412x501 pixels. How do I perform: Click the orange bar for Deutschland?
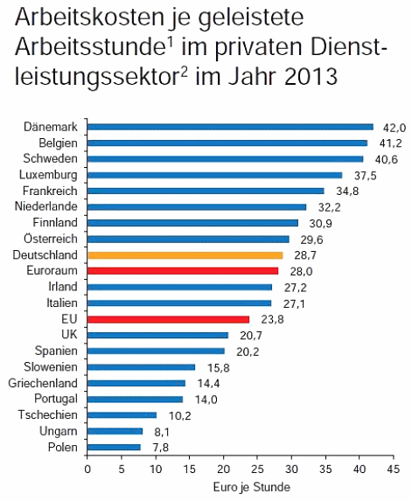click(185, 255)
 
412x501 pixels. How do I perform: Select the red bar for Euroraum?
click(183, 271)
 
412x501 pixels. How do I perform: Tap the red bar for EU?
click(168, 319)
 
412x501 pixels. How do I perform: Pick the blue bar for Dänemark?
click(230, 127)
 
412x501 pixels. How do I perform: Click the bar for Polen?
click(114, 447)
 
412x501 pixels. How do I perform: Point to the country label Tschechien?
click(53, 414)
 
